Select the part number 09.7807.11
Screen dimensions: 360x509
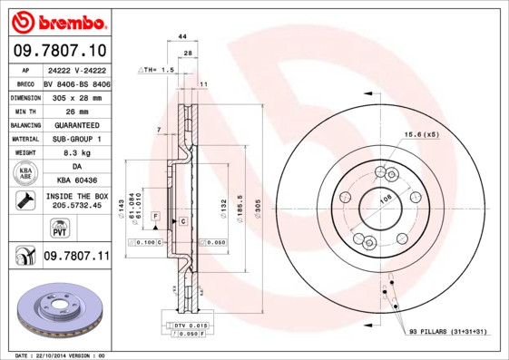click(75, 258)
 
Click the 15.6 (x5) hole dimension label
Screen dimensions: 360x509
click(421, 135)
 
